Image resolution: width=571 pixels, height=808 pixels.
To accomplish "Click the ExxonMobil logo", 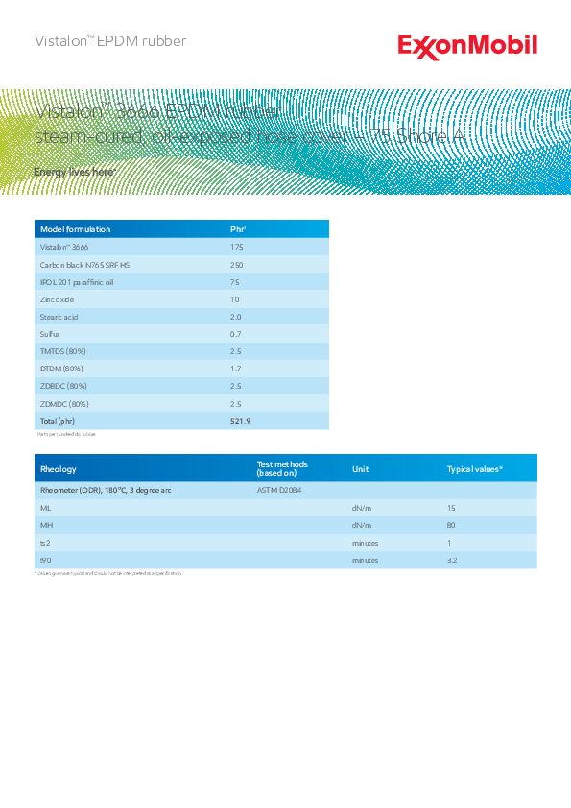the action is tap(467, 45).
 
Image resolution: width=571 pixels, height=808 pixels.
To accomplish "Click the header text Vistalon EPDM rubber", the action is tap(110, 41).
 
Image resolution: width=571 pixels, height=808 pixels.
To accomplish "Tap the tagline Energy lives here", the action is tap(75, 171).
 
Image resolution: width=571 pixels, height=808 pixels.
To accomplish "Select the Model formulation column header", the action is tap(74, 229).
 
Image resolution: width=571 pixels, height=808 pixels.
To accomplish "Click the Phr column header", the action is tap(239, 229).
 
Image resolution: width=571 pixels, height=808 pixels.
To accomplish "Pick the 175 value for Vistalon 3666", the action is tap(237, 247).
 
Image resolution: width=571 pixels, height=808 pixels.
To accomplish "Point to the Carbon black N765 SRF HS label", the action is tap(84, 264).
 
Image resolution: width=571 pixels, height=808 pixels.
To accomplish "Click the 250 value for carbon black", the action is tap(237, 264).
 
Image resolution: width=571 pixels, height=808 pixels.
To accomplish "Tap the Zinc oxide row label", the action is tap(57, 299).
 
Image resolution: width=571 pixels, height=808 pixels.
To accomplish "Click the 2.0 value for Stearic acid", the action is tap(236, 317).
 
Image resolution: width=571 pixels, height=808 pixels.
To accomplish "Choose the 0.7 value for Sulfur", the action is tap(236, 334).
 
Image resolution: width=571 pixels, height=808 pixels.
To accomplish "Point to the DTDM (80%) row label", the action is tap(61, 368).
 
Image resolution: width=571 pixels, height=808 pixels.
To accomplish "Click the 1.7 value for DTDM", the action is tap(236, 368).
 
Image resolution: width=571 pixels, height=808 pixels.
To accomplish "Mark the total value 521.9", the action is tap(241, 421).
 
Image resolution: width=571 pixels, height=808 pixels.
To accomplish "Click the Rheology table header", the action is tap(59, 469).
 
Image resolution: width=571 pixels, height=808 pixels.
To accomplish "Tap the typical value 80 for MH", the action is tap(451, 525).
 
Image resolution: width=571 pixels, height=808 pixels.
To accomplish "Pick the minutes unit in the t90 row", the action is tap(366, 560).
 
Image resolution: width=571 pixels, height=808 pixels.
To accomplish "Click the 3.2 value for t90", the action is tap(452, 560).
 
